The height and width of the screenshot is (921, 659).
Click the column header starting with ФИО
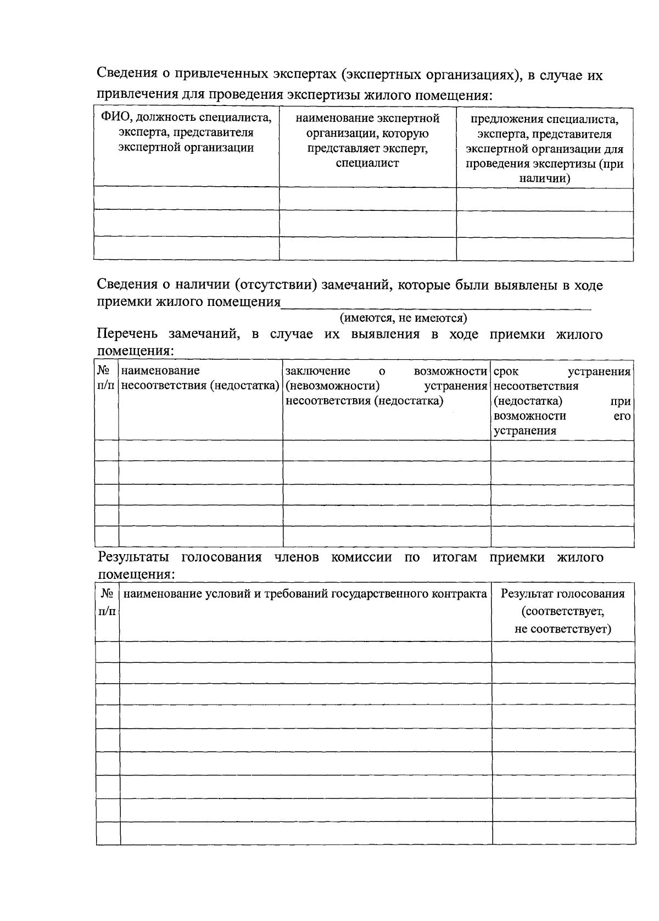(x=186, y=132)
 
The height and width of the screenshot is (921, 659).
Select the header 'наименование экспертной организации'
(x=367, y=140)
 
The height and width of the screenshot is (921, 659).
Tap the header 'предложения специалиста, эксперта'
(x=544, y=148)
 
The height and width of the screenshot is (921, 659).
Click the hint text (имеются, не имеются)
(x=403, y=317)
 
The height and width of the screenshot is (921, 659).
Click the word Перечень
(x=127, y=334)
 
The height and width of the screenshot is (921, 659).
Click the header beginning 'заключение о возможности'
(x=387, y=386)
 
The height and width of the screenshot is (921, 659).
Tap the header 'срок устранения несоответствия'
(x=562, y=400)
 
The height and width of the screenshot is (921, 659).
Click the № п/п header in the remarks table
(x=107, y=378)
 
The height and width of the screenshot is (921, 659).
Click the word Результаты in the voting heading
(x=134, y=557)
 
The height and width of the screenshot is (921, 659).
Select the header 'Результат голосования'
(x=563, y=594)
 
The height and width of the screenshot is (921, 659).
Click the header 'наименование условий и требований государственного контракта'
(x=305, y=594)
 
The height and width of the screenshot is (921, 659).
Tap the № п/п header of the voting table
(x=108, y=602)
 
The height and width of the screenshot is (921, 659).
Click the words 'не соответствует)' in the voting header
(x=563, y=629)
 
